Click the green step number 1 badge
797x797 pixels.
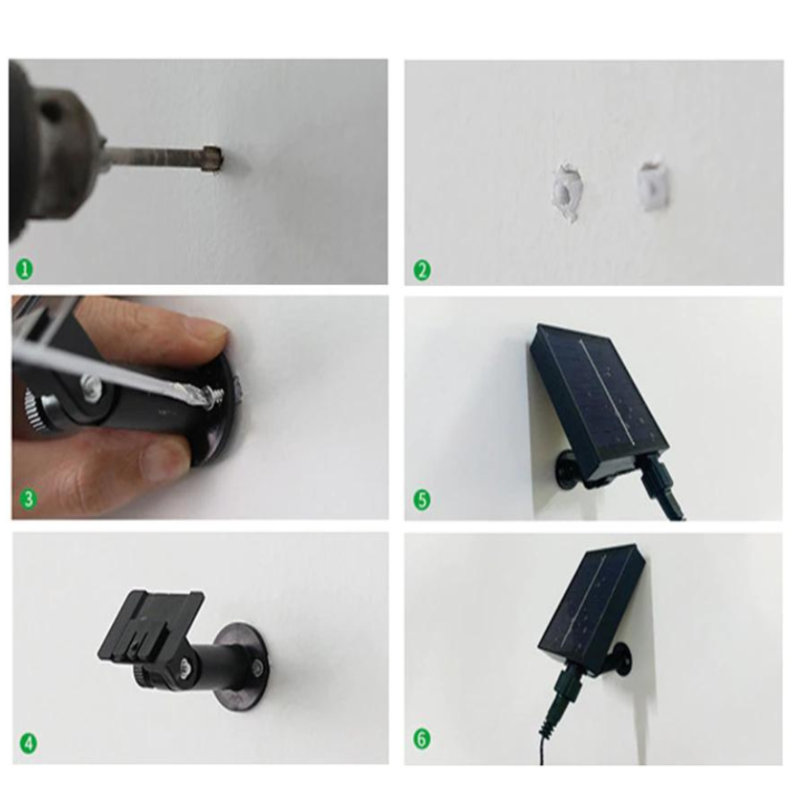pos(25,269)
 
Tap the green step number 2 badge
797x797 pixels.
pos(422,270)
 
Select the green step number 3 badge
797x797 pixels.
pos(29,499)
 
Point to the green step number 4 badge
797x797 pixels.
pos(29,744)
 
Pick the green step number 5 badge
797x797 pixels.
pos(422,500)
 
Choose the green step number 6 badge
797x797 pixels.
pos(422,739)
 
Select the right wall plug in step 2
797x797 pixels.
pos(653,186)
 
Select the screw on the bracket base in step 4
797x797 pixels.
pos(259,666)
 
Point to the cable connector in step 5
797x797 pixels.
pos(661,483)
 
